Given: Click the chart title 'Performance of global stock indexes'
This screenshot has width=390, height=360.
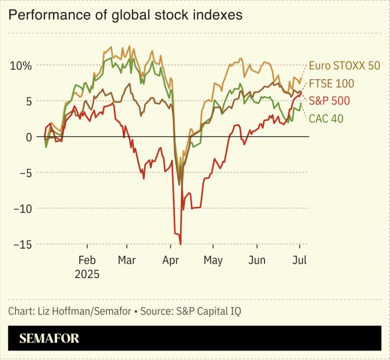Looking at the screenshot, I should tap(125, 15).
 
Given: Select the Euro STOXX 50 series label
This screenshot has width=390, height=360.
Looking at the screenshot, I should tap(344, 66).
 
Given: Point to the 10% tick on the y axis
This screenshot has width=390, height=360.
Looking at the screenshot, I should tap(21, 65).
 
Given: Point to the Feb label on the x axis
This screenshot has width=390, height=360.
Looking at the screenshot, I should tap(87, 260).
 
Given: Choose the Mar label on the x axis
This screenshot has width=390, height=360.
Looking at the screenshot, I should tap(127, 260).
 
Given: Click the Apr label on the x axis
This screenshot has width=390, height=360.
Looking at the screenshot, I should tap(170, 260).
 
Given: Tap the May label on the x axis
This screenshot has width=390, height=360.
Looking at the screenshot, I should tap(213, 260).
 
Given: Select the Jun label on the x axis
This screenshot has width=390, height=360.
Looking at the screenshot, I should tap(256, 260).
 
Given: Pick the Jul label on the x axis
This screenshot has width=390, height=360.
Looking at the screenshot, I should tap(299, 260).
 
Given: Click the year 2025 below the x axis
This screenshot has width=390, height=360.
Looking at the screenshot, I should tap(87, 274).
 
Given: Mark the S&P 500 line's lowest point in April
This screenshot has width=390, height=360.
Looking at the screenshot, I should tap(181, 244).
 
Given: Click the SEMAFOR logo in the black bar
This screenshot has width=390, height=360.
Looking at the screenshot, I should tap(49, 339).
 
